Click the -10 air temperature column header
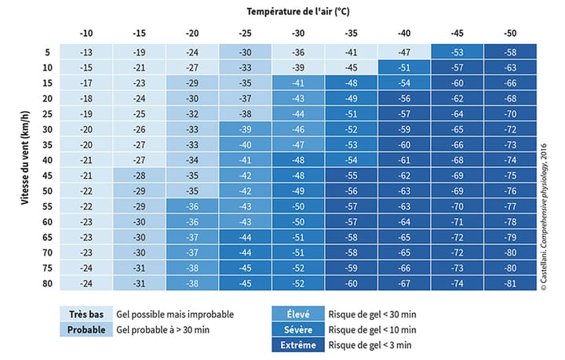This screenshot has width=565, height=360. (x=86, y=34)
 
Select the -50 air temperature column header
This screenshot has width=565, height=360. (x=510, y=34)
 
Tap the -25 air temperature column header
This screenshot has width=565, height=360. (x=246, y=34)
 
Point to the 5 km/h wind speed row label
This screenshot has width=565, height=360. (x=48, y=52)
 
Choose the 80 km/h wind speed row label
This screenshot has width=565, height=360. (x=48, y=283)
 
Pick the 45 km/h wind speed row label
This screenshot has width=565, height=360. (x=48, y=175)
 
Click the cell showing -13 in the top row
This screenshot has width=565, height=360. (x=86, y=52)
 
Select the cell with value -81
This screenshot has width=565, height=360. (x=510, y=283)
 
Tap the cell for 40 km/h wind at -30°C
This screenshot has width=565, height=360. (x=298, y=160)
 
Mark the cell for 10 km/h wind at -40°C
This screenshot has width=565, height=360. (x=404, y=67)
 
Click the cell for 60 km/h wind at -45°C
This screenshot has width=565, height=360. (x=457, y=222)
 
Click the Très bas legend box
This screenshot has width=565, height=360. (x=86, y=314)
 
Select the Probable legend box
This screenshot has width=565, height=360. (x=86, y=329)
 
